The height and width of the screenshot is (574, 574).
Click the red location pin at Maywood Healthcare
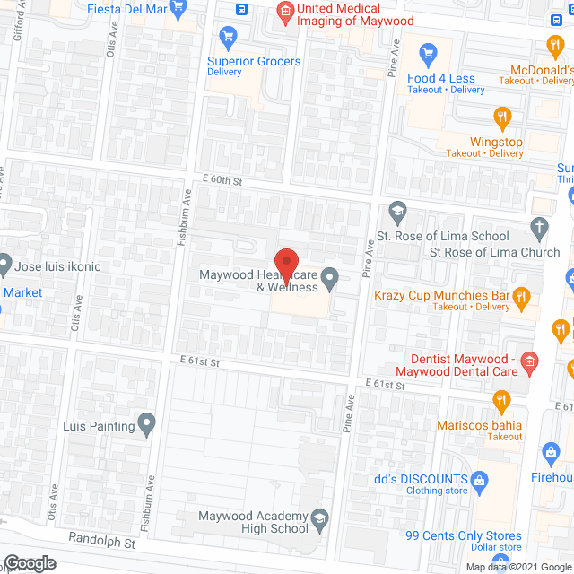click(x=286, y=265)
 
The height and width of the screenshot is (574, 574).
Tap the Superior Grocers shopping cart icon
click(x=228, y=38)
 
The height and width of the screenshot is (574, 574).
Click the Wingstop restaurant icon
click(x=502, y=116)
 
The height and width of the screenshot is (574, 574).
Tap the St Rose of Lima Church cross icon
click(x=538, y=227)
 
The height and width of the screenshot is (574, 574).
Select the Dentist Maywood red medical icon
click(x=530, y=362)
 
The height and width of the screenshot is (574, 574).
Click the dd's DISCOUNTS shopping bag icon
click(x=479, y=480)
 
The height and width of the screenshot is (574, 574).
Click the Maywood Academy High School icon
click(x=320, y=517)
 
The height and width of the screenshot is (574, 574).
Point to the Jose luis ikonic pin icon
click(x=4, y=265)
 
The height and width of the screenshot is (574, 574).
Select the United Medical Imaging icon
click(x=285, y=12)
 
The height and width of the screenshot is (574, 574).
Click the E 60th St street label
click(x=222, y=181)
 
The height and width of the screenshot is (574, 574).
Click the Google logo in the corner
click(x=29, y=562)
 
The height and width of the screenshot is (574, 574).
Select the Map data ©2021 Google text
click(x=519, y=567)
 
